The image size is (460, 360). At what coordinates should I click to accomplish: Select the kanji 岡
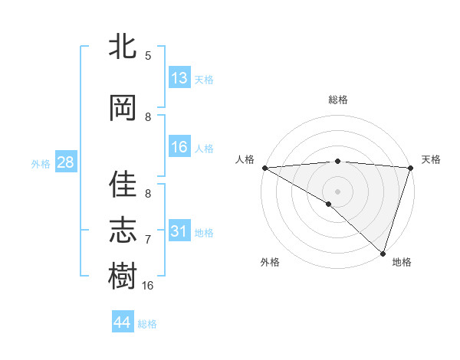[x=123, y=108]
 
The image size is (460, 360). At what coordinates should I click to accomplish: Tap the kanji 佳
[x=123, y=185]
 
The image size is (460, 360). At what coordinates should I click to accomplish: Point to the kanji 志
[x=123, y=231]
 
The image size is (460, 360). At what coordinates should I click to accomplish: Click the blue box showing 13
[x=179, y=78]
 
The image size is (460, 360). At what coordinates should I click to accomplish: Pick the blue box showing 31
[x=179, y=231]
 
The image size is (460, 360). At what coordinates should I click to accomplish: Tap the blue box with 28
[x=64, y=162]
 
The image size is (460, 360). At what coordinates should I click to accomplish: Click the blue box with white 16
[x=179, y=147]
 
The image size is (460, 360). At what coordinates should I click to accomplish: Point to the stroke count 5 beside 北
[x=148, y=55]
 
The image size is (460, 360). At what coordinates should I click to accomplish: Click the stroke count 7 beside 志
[x=148, y=240]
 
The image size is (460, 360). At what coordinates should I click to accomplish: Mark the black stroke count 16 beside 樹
[x=148, y=285]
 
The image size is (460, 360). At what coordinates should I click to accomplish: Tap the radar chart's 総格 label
[x=337, y=100]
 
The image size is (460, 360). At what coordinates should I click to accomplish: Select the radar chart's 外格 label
[x=270, y=262]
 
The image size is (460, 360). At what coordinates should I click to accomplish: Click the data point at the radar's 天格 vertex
[x=410, y=168]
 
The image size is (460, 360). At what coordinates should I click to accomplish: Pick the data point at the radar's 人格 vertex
[x=264, y=168]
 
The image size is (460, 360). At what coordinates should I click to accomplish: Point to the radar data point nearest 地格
[x=383, y=253]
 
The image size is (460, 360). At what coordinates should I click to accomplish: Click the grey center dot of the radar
[x=337, y=191]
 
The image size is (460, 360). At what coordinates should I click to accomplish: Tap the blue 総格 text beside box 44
[x=147, y=324]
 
